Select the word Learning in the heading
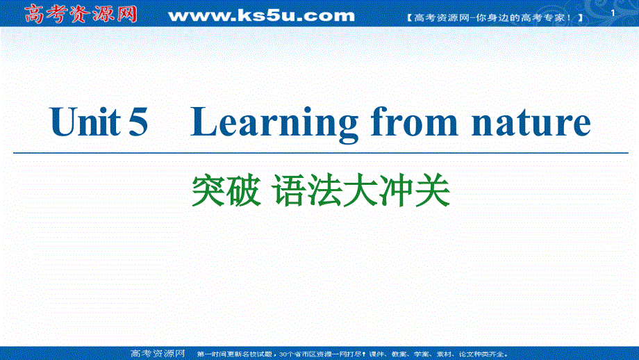(x=274, y=124)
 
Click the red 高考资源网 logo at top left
(x=81, y=13)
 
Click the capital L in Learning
(x=205, y=123)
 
